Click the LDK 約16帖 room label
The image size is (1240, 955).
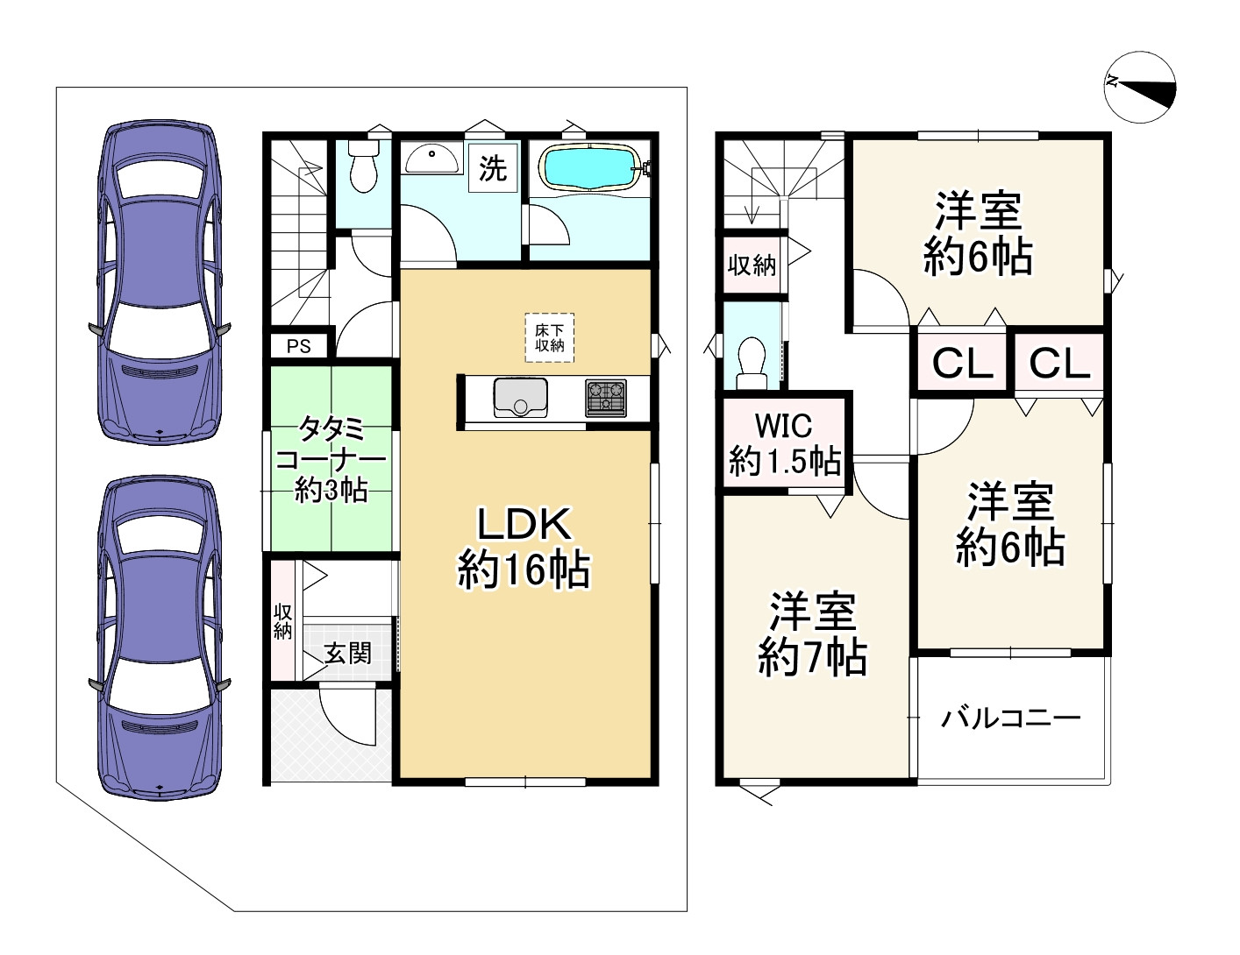tap(524, 548)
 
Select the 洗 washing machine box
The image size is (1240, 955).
tap(493, 168)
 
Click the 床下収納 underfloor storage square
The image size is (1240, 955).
tap(550, 337)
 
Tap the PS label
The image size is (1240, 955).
tap(299, 346)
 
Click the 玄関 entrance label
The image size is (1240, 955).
tap(348, 653)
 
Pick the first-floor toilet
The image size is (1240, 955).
tap(362, 168)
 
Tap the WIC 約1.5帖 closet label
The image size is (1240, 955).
tap(784, 444)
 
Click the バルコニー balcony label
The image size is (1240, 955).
tap(1010, 719)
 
